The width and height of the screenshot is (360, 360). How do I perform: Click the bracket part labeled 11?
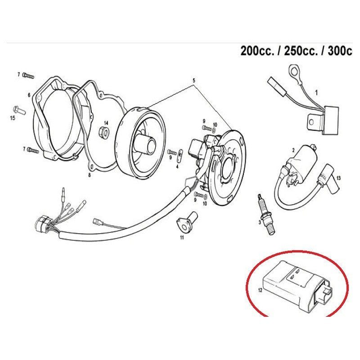point(187,221)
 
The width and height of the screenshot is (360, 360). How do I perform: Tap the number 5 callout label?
point(194,81)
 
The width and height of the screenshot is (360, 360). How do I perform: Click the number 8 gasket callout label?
point(89,175)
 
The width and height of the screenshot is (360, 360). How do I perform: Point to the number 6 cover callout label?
point(29,94)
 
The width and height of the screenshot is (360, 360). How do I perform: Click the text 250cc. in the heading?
point(301,51)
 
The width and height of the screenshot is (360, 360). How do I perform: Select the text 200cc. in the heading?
point(257,51)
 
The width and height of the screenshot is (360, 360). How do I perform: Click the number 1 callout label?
point(316,93)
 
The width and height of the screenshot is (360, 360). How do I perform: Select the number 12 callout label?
point(260,290)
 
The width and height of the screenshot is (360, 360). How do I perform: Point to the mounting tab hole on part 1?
point(311,122)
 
